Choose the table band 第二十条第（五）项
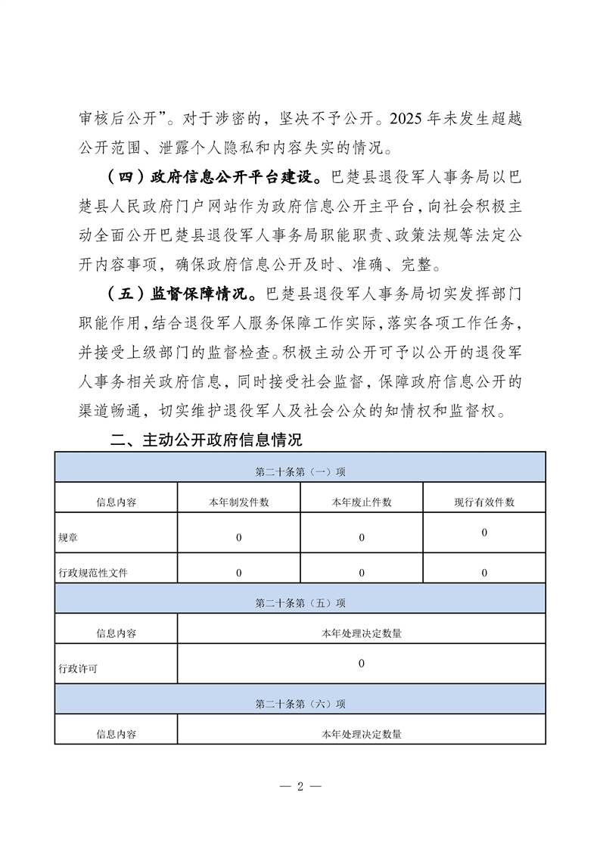300,603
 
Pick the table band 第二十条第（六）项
300,703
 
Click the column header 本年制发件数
239,502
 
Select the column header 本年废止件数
362,502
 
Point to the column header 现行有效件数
484,502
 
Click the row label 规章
68,537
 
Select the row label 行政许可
78,669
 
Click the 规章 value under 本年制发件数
239,537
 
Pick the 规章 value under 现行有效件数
484,533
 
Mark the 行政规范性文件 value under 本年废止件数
362,573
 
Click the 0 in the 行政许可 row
361,664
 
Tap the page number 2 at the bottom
300,785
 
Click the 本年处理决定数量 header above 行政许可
361,633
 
